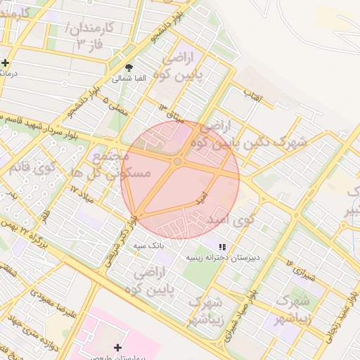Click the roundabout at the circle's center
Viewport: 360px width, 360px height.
tap(177, 162)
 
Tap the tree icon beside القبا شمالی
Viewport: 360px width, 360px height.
tap(127, 67)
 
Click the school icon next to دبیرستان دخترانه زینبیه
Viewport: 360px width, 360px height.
tap(222, 247)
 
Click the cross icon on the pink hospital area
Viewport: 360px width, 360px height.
tap(117, 348)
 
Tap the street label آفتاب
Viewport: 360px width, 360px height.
tap(252, 95)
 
